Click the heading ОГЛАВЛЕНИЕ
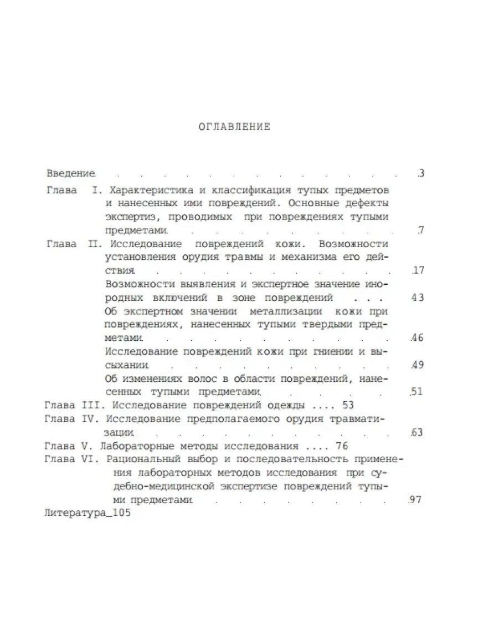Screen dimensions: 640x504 click(234, 127)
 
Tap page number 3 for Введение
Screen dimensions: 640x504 click(421, 173)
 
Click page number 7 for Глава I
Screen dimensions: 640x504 click(421, 230)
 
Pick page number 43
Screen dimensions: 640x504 click(418, 298)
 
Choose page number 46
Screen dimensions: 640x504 click(418, 338)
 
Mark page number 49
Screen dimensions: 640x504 click(418, 365)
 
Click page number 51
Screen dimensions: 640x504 click(417, 392)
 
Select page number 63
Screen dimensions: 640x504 click(417, 432)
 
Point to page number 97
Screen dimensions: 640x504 click(416, 500)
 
